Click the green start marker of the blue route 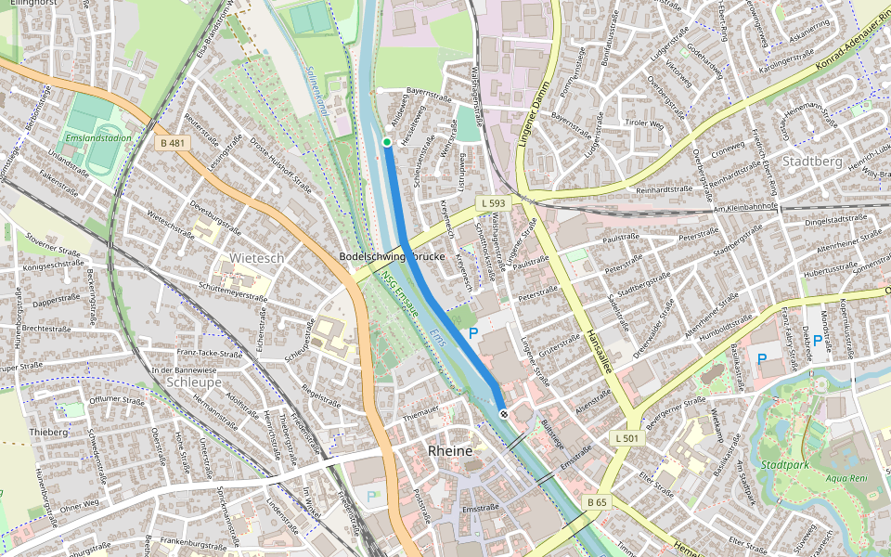click(x=387, y=142)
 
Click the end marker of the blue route click(x=503, y=413)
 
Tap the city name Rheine click(x=450, y=450)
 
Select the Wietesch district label click(x=257, y=257)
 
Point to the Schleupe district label click(x=194, y=382)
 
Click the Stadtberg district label click(x=812, y=161)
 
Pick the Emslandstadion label click(x=98, y=138)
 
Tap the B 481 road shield click(x=173, y=143)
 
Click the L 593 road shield click(x=492, y=202)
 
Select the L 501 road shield click(x=627, y=437)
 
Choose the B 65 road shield click(x=597, y=502)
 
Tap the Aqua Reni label click(x=846, y=480)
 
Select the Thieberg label click(x=48, y=432)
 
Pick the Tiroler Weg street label click(x=644, y=123)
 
